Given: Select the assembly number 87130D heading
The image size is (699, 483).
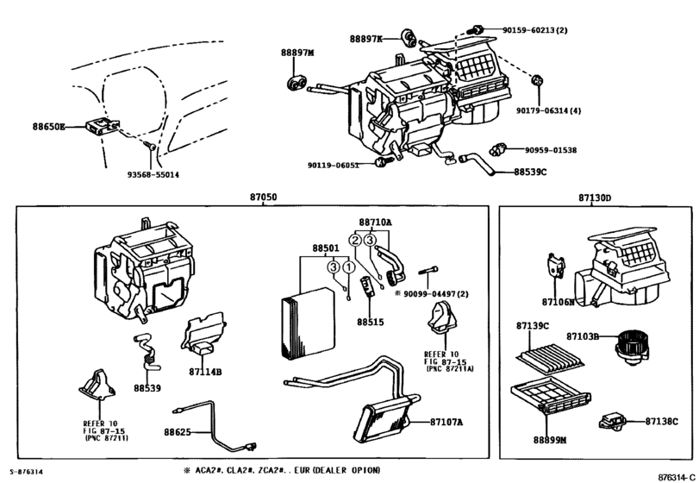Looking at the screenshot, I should pyautogui.click(x=595, y=198).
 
